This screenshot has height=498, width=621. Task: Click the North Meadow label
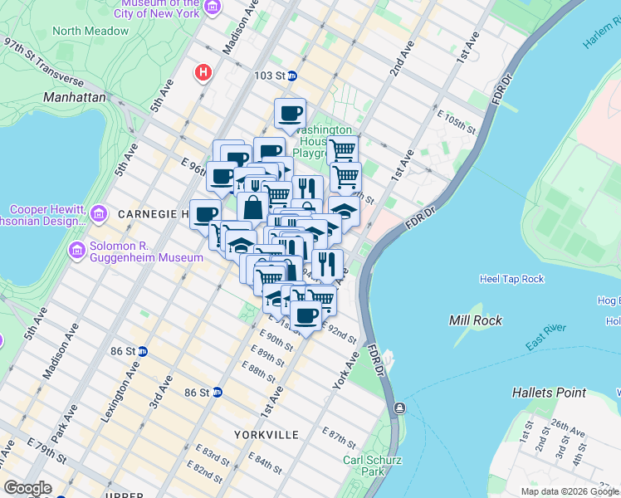click(90, 31)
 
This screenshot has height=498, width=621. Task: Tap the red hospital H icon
click(202, 73)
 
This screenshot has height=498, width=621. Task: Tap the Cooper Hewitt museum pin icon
click(98, 215)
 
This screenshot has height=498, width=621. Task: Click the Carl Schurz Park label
click(364, 466)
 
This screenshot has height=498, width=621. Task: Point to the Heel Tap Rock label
click(511, 279)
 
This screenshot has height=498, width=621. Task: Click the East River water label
click(545, 334)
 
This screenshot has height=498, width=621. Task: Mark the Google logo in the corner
click(27, 488)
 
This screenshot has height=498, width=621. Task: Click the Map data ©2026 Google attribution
click(569, 491)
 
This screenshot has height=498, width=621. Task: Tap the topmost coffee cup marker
click(290, 114)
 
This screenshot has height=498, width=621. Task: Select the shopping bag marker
click(252, 208)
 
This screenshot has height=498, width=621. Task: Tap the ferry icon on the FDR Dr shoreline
click(400, 408)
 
